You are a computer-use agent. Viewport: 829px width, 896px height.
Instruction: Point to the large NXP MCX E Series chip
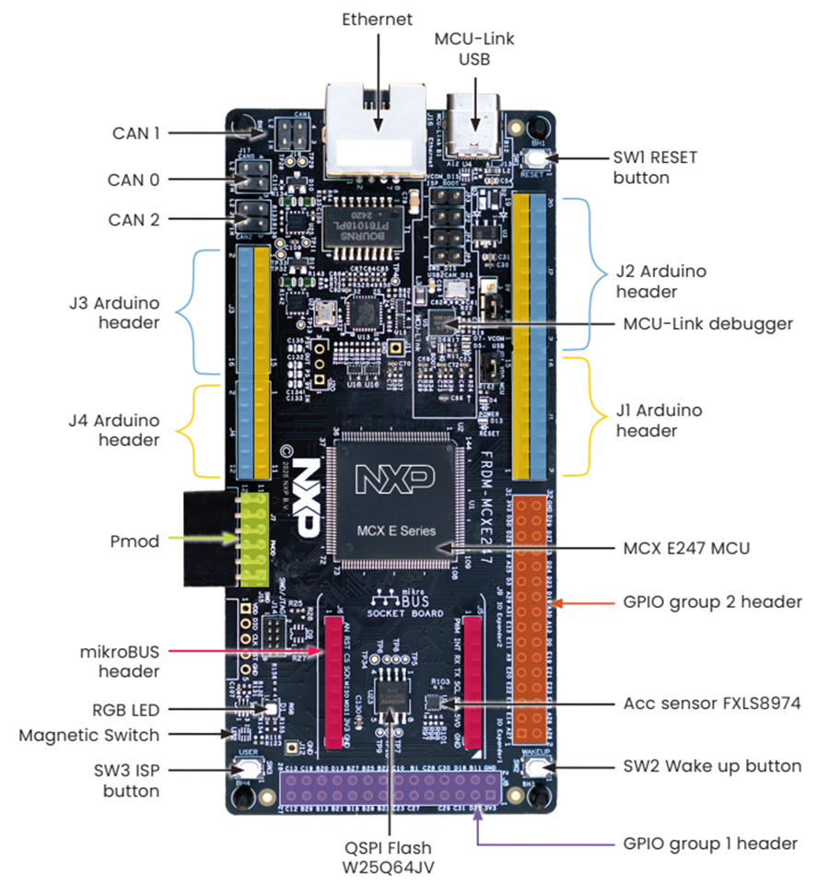click(x=396, y=502)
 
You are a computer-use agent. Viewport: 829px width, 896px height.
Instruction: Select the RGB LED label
click(x=124, y=710)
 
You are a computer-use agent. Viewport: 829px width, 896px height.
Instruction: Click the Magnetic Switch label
click(x=89, y=735)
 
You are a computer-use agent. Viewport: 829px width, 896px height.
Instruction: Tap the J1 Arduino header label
click(x=658, y=420)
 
